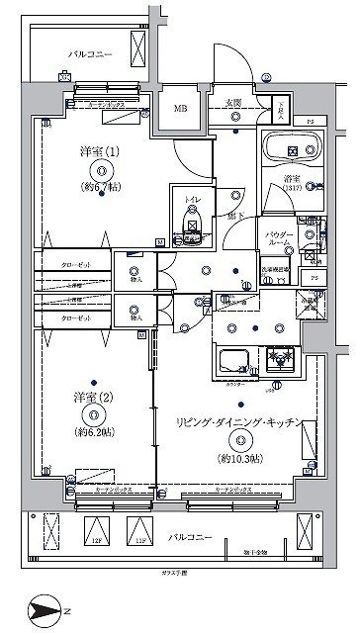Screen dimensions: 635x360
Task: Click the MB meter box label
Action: pyautogui.click(x=181, y=110)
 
